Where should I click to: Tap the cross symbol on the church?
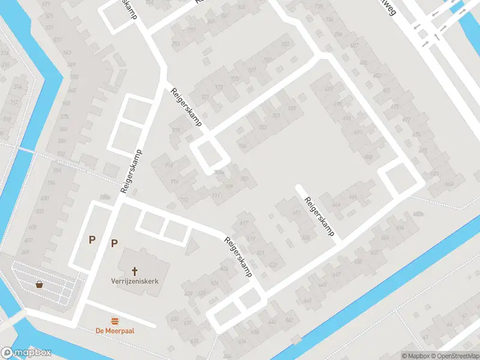[x=135, y=271]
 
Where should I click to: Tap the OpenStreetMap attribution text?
[x=454, y=356]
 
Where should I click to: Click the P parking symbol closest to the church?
[x=114, y=243]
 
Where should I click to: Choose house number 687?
[x=355, y=46]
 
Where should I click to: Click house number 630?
[x=176, y=319]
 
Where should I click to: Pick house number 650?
[x=359, y=262]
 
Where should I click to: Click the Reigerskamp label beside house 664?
[x=319, y=217]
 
